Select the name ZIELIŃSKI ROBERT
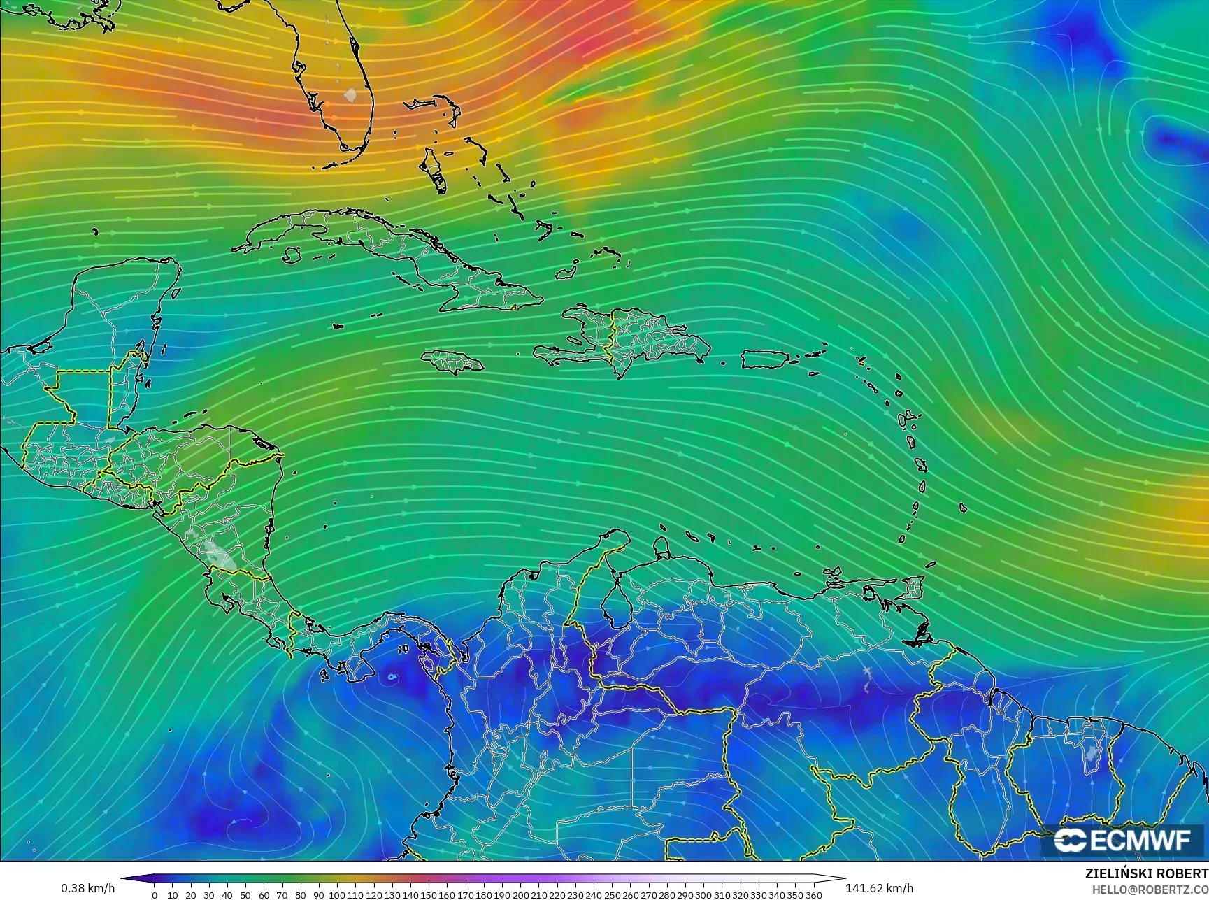pyautogui.click(x=1146, y=874)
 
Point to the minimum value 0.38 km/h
pyautogui.click(x=87, y=888)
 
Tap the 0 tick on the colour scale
pyautogui.click(x=155, y=894)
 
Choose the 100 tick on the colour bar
pyautogui.click(x=338, y=894)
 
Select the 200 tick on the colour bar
pyautogui.click(x=521, y=894)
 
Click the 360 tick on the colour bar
pyautogui.click(x=814, y=894)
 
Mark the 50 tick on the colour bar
pyautogui.click(x=246, y=894)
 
